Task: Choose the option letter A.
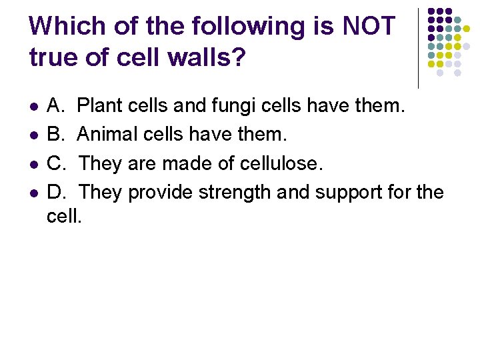pyautogui.click(x=55, y=106)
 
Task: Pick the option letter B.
pyautogui.click(x=55, y=135)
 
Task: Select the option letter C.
pyautogui.click(x=55, y=163)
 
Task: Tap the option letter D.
pyautogui.click(x=55, y=192)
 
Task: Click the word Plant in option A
pyautogui.click(x=99, y=106)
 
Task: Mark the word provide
pyautogui.click(x=158, y=192)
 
